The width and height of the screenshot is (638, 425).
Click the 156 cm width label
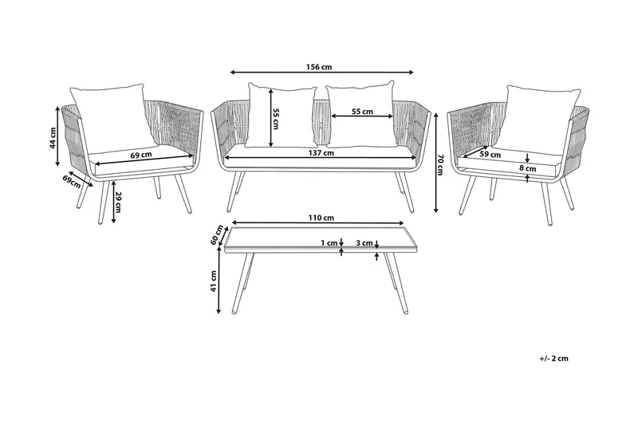pyautogui.click(x=322, y=67)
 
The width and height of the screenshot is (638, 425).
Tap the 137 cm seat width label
pyautogui.click(x=322, y=153)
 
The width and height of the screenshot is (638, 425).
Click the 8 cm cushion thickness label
pyautogui.click(x=527, y=169)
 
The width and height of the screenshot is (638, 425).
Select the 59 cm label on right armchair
pyautogui.click(x=490, y=155)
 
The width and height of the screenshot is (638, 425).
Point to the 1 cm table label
pyautogui.click(x=327, y=242)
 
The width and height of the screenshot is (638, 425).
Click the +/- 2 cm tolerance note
pyautogui.click(x=553, y=359)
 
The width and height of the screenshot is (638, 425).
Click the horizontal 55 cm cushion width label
pyautogui.click(x=362, y=112)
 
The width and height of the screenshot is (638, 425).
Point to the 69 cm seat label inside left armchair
pyautogui.click(x=140, y=155)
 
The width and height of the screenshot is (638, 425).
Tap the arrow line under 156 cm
pyautogui.click(x=322, y=73)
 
